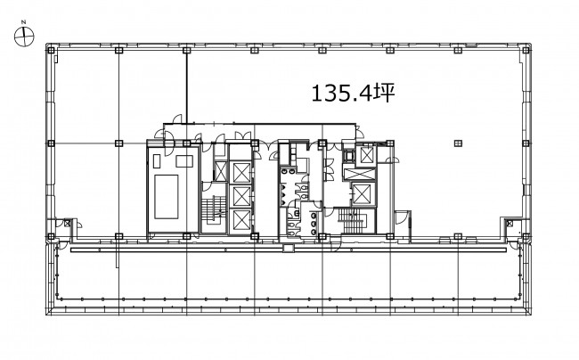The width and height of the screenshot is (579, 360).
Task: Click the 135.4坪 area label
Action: point(353,93)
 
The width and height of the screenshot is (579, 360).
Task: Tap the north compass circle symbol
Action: point(24,37)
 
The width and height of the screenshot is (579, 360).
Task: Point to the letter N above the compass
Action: point(24,22)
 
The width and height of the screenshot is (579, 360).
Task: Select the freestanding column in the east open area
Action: point(458,143)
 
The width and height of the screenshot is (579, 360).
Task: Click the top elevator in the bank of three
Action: point(242,172)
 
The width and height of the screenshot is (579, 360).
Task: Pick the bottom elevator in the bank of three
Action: point(242,220)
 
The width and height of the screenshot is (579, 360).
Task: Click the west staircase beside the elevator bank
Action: point(213,209)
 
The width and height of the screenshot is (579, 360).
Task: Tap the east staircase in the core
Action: point(352,220)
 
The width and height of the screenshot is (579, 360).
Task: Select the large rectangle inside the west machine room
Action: point(167,197)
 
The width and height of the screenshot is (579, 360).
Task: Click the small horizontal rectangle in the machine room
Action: point(184,161)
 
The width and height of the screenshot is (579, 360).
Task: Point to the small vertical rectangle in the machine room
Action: point(157,161)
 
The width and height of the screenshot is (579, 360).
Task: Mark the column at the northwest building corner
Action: point(51,50)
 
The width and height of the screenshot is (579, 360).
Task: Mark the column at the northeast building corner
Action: point(526,50)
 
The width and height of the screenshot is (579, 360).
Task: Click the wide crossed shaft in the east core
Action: point(359,174)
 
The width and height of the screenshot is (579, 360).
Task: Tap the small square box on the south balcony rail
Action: point(288,248)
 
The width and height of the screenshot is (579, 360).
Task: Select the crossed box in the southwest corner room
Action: point(67,223)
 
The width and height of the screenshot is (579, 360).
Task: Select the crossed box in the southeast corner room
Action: point(510,223)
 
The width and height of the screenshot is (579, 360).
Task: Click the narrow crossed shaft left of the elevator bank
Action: point(220,172)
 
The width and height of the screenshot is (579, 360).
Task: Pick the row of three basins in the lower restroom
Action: point(314,224)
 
